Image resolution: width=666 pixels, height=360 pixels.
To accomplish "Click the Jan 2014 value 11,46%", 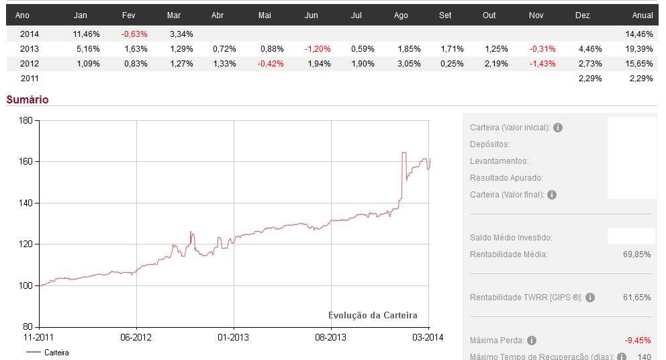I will click(86, 34).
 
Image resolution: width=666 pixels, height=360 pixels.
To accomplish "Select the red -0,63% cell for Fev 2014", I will click(134, 34).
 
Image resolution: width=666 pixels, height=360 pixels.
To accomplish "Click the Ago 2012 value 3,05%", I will click(408, 64).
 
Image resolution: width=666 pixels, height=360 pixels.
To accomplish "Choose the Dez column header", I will click(583, 15).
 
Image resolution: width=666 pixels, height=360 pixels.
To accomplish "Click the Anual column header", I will click(643, 15).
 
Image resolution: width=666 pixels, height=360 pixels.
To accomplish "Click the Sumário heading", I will click(28, 100).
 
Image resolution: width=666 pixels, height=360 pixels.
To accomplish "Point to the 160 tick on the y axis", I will click(26, 162).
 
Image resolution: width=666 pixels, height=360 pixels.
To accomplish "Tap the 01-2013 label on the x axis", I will click(234, 336).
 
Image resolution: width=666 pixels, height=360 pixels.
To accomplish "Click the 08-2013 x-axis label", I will click(331, 336).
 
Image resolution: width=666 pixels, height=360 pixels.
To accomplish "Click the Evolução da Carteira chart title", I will click(373, 316).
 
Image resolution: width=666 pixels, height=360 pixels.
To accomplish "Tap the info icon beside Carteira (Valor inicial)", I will click(558, 128).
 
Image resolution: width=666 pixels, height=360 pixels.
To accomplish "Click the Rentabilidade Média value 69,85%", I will click(637, 255).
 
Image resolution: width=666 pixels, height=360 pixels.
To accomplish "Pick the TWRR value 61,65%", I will click(637, 297).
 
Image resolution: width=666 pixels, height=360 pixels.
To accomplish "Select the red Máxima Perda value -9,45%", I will click(637, 341).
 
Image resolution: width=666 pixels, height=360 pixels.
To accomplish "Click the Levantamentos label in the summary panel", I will click(499, 161).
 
